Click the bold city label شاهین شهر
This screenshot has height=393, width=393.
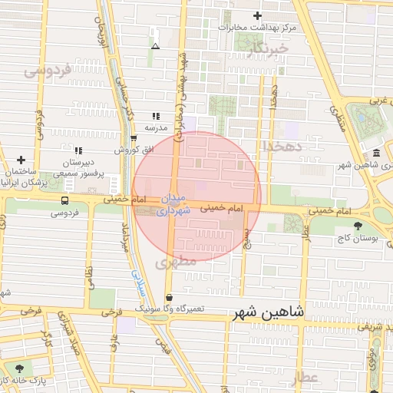[266, 313]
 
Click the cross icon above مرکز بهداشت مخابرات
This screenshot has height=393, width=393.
[257, 16]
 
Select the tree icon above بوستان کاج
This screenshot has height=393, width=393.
[358, 226]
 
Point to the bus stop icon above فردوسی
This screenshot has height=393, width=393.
[64, 201]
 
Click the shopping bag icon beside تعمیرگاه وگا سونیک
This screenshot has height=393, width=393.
[170, 298]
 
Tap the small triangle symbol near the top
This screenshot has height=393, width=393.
[156, 46]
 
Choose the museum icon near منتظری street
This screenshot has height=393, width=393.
[376, 153]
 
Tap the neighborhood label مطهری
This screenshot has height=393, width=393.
[176, 262]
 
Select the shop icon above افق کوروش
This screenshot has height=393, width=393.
[134, 138]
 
